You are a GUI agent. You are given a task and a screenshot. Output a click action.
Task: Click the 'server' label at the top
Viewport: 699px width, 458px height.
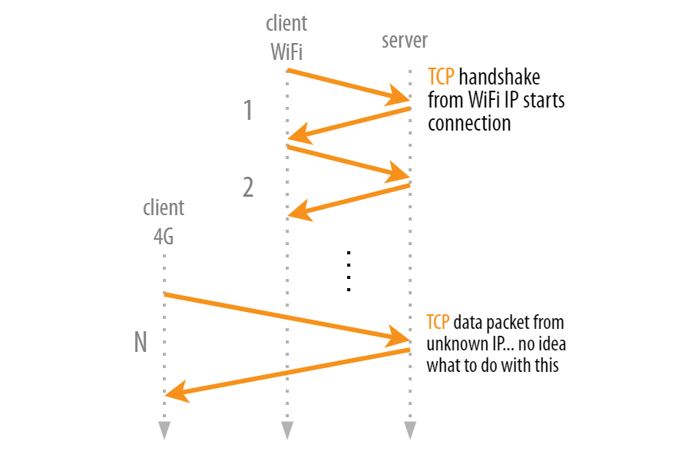(405, 40)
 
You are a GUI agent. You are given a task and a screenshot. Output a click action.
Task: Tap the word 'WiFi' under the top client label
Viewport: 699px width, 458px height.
(287, 51)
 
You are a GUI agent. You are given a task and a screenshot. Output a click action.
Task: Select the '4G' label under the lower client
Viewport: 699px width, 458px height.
(164, 237)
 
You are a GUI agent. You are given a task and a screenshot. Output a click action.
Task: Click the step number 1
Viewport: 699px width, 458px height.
(247, 111)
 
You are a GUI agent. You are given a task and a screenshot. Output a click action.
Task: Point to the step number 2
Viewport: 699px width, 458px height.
(247, 188)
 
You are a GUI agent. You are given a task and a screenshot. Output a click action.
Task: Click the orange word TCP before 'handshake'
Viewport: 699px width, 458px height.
(441, 78)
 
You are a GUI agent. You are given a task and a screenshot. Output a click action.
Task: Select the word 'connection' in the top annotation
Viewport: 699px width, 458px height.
(469, 123)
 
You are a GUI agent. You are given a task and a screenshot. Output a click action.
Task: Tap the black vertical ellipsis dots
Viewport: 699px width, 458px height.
(348, 271)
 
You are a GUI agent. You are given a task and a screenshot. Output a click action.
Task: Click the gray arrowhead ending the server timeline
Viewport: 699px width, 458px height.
(410, 430)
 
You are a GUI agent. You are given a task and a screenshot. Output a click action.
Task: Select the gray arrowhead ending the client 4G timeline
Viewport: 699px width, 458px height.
(164, 430)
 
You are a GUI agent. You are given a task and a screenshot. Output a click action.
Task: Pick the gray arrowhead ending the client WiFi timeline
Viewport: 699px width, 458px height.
(287, 430)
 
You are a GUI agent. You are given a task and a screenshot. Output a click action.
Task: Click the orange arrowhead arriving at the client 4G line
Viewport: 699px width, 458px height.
(176, 394)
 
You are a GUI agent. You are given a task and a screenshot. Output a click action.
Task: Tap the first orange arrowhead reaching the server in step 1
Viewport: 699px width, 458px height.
(400, 96)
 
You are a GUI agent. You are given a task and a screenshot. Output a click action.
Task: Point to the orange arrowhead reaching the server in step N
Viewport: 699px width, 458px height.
(400, 336)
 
